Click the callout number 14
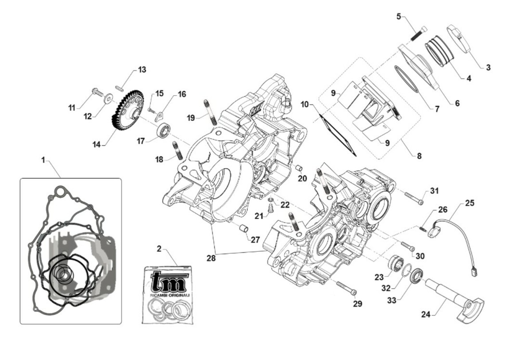(x=97, y=144)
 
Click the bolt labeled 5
(x=418, y=34)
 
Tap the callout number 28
(x=211, y=258)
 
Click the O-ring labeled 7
(x=407, y=80)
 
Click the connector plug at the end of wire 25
(x=473, y=270)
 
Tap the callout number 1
(x=43, y=160)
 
